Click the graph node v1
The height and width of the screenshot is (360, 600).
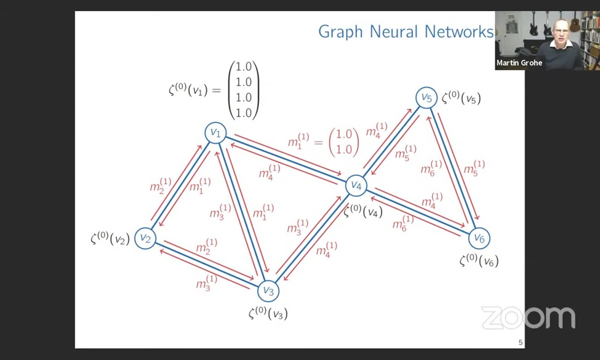click(x=215, y=132)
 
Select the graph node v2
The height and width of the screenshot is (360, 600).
click(x=145, y=238)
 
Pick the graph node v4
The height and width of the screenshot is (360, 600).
click(x=356, y=185)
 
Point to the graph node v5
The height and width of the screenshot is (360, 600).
click(x=426, y=97)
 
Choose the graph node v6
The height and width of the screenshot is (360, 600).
click(x=479, y=238)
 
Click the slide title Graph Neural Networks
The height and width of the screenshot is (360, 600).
click(x=406, y=31)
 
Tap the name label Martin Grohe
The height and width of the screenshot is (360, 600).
click(x=519, y=63)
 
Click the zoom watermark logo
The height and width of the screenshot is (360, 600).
click(x=528, y=318)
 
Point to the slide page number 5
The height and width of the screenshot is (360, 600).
click(x=521, y=343)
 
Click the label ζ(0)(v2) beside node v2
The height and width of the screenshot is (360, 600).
click(x=110, y=238)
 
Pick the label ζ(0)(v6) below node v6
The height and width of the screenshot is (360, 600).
click(x=479, y=260)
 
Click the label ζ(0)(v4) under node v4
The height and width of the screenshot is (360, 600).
click(x=362, y=211)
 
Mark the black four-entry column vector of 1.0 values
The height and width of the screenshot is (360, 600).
click(x=244, y=90)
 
